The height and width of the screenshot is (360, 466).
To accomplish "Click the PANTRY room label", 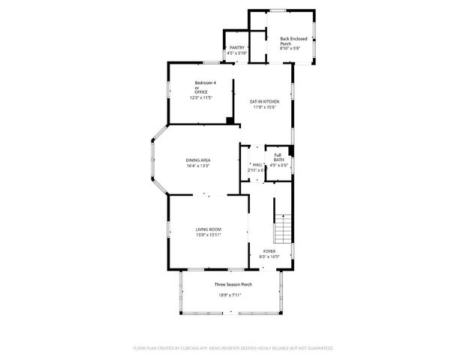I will pyautogui.click(x=237, y=47).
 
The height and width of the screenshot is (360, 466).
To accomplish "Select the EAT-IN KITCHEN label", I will pyautogui.click(x=265, y=101).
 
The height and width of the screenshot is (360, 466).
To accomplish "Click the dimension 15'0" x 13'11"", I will pyautogui.click(x=208, y=235).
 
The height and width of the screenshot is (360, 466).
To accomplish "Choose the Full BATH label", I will pyautogui.click(x=278, y=157).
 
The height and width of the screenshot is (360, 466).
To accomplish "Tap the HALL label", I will pyautogui.click(x=257, y=164).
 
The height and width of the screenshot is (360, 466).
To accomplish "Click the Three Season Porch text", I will pyautogui.click(x=233, y=285).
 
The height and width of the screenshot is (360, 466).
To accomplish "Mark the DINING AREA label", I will pyautogui.click(x=198, y=160).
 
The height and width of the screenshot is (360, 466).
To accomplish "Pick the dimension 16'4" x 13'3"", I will pyautogui.click(x=198, y=166).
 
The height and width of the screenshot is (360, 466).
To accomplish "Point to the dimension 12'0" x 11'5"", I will pyautogui.click(x=202, y=97).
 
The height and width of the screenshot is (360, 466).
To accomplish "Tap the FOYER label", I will pyautogui.click(x=269, y=251).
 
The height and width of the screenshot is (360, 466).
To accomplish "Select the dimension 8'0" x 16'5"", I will pyautogui.click(x=269, y=256).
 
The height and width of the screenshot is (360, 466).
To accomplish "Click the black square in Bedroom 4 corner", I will pyautogui.click(x=228, y=119).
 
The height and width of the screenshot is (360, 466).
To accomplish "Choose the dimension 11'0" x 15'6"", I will pyautogui.click(x=265, y=106).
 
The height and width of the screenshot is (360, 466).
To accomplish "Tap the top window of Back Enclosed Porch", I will pyautogui.click(x=279, y=10).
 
